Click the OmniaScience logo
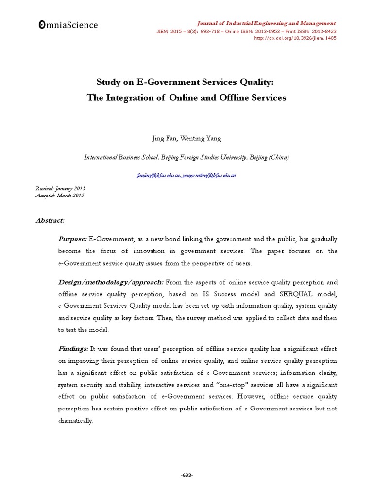68,25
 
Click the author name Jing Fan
164,138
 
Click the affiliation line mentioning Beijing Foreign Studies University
186,157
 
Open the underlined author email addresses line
186,175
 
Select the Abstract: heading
50,220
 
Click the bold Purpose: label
72,239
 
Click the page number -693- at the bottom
186,475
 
